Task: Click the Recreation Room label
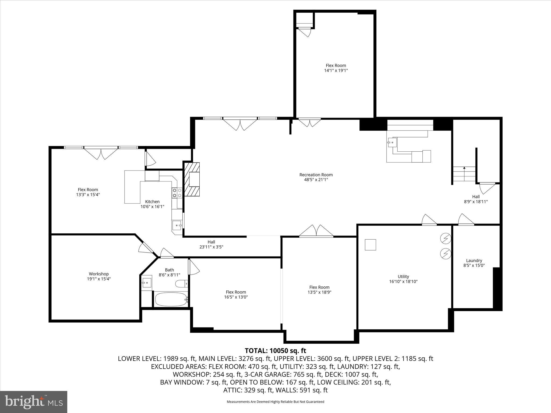point(316,175)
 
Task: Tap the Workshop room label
point(99,274)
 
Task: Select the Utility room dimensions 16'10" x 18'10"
point(403,282)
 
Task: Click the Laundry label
point(474,261)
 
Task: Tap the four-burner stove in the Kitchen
point(177,193)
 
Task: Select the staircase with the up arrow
point(464,174)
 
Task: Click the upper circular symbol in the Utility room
point(446,238)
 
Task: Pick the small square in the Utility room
point(370,245)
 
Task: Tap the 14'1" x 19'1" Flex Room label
point(335,68)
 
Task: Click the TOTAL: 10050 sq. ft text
point(275,351)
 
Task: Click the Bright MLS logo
point(34,402)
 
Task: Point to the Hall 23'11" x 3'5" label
point(211,244)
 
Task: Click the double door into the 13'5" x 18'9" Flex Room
point(316,232)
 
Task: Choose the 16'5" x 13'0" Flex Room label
point(236,294)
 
